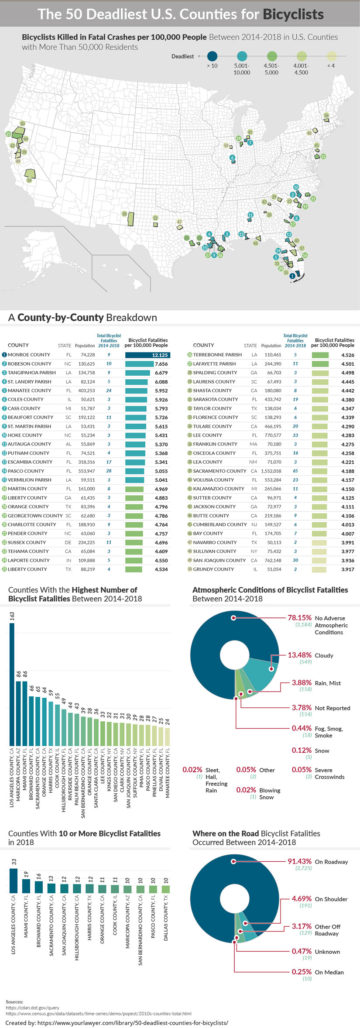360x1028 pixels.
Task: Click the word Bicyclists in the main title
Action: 293,14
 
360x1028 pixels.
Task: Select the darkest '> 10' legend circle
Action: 212,56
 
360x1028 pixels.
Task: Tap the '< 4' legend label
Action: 331,66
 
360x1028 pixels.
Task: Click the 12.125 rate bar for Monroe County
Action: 147,355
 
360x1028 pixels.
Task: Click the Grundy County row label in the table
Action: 213,569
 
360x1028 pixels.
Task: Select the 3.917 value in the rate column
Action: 348,569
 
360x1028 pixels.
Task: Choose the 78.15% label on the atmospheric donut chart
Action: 299,618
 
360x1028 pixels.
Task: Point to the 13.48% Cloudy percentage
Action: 299,655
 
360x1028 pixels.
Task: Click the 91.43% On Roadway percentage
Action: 299,861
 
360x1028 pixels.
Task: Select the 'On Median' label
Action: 329,972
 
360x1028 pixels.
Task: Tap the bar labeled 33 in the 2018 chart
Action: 14,881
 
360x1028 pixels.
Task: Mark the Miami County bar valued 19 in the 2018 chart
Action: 26,886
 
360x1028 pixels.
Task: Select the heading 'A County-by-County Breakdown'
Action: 82,318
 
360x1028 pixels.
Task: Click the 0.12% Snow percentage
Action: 302,750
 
